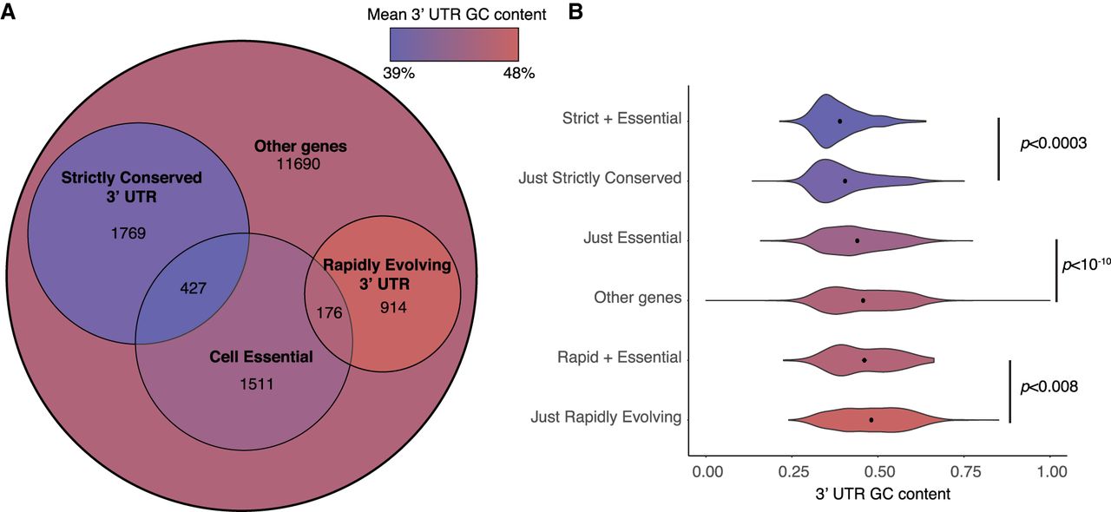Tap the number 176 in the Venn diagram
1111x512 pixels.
[x=330, y=312]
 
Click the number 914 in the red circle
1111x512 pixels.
[x=394, y=307]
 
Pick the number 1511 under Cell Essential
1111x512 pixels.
[x=257, y=383]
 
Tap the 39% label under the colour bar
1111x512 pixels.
[x=399, y=74]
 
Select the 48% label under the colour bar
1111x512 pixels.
[x=518, y=74]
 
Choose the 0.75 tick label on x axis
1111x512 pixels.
[x=964, y=472]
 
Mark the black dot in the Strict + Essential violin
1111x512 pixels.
[x=839, y=121]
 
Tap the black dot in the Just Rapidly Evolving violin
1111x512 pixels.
[x=871, y=420]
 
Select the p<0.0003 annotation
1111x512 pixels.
[x=1049, y=143]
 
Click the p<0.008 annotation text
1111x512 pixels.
[x=1049, y=387]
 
